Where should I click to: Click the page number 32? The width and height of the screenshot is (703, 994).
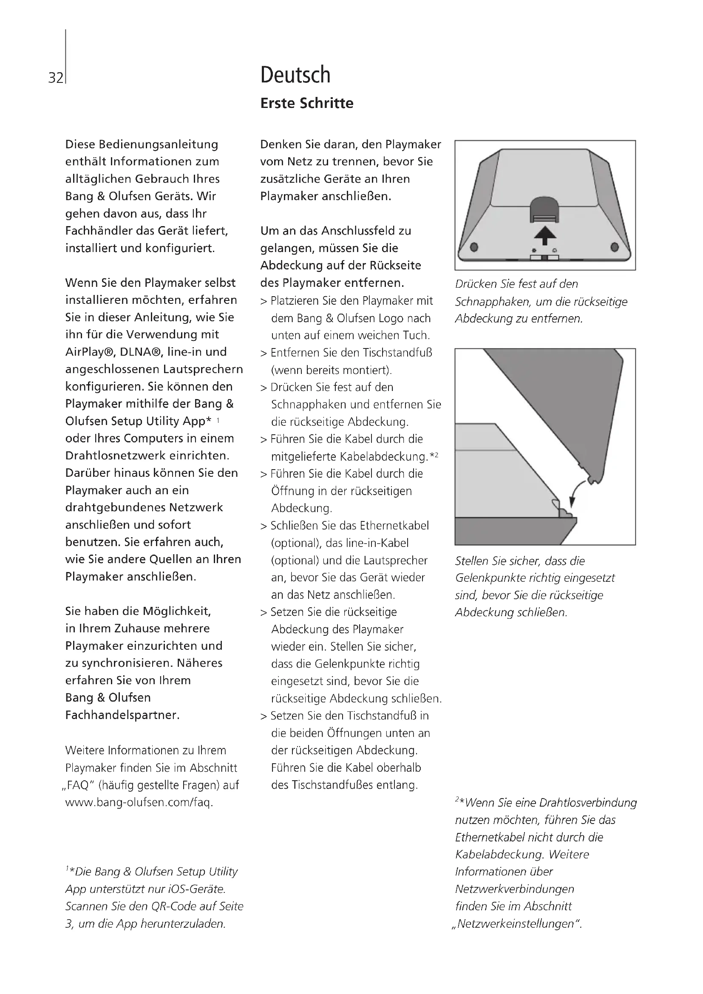[x=55, y=78]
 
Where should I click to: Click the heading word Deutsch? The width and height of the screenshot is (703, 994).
[x=295, y=75]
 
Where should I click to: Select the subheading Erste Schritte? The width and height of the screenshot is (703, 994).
[x=306, y=103]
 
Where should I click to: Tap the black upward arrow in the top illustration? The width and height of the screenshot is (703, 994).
[x=544, y=236]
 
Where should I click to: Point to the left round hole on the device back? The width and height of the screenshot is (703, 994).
[x=474, y=247]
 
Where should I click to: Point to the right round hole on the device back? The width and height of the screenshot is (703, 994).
[x=614, y=247]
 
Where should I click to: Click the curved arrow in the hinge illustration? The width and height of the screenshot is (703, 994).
[x=578, y=491]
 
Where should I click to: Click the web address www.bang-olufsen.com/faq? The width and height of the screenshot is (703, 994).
[x=139, y=802]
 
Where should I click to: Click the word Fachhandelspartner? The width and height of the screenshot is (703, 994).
[x=122, y=715]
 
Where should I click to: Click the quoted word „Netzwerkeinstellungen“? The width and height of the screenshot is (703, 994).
[x=518, y=923]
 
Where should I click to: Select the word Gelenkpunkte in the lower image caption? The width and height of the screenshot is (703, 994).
[x=486, y=578]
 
